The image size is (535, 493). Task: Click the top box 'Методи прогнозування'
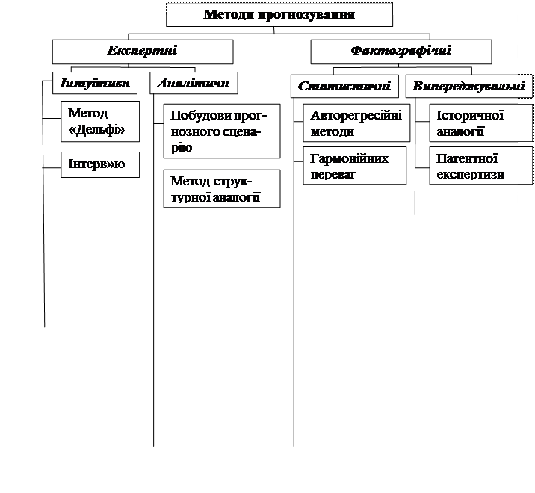point(279,14)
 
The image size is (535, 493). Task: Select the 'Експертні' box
point(142,51)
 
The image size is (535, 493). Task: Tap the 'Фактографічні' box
point(401,51)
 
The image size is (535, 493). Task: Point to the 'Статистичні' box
point(344,86)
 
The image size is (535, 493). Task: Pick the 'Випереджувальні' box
point(468,86)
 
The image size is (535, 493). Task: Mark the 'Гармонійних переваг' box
point(356,166)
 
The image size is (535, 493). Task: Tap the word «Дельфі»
point(96,128)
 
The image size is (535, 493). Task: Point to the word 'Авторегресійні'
point(356,116)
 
